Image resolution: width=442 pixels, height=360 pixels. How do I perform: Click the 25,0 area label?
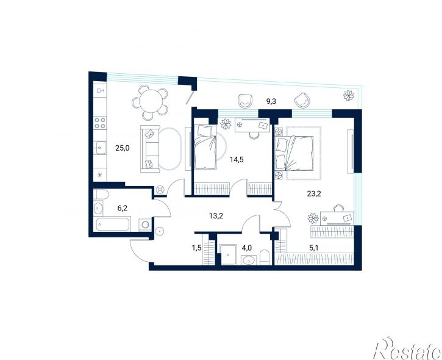click(123, 148)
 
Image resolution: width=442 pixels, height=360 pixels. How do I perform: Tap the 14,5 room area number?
click(237, 160)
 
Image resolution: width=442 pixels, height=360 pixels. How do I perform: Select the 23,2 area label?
click(314, 193)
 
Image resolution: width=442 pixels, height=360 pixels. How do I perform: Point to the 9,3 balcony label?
click(271, 101)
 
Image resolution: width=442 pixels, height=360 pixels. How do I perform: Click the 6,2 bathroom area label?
click(123, 208)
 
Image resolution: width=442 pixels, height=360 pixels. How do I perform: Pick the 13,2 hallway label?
click(216, 216)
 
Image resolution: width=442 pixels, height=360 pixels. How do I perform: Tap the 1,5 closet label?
click(197, 248)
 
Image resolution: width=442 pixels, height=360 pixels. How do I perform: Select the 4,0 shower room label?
click(247, 248)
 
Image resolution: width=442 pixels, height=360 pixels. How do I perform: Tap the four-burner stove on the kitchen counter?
click(100, 123)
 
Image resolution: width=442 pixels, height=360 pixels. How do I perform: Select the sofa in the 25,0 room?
click(150, 149)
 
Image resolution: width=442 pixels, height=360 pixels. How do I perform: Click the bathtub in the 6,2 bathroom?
click(113, 224)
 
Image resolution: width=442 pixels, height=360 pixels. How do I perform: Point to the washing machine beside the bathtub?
click(145, 225)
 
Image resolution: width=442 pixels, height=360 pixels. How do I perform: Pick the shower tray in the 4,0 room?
click(228, 255)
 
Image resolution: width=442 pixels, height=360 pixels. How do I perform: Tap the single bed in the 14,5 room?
click(205, 146)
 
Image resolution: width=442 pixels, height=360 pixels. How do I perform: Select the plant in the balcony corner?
click(349, 95)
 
